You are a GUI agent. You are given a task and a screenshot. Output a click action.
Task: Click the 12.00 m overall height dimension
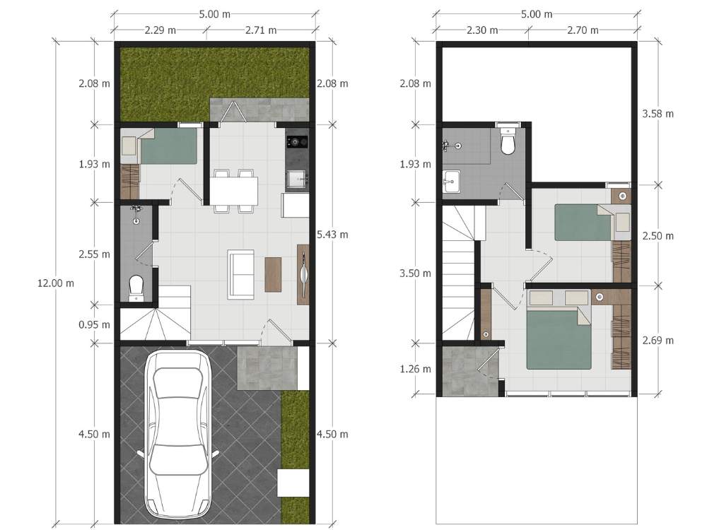point(56,283)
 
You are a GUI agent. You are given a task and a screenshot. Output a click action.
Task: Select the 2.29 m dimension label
point(160,30)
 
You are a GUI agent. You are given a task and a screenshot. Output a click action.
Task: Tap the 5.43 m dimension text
point(332,235)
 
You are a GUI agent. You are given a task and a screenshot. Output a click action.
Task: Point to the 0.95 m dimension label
point(94,324)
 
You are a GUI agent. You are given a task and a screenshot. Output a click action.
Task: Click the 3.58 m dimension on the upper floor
point(658,114)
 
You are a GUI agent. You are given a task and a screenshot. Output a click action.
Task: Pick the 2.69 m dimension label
point(658,341)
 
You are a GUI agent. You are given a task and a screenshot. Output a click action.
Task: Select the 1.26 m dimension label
point(415,369)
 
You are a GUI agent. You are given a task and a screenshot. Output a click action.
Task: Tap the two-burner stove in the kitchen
point(297,142)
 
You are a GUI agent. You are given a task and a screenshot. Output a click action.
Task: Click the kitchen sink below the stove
point(297,179)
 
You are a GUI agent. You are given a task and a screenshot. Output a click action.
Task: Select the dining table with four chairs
point(233,191)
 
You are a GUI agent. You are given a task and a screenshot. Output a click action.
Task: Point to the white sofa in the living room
point(241,274)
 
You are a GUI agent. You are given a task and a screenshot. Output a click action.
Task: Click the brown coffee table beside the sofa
point(273,274)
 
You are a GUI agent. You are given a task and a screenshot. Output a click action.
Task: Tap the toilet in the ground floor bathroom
point(136,288)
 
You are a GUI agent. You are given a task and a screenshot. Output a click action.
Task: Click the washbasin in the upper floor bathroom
point(451,181)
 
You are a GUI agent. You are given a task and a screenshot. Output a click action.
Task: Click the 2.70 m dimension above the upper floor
point(583,30)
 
